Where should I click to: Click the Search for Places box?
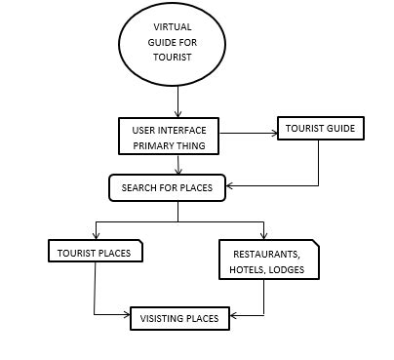[x=166, y=186]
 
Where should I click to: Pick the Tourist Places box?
[x=95, y=251]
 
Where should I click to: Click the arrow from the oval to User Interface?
[x=177, y=100]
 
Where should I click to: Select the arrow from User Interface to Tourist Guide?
[x=249, y=136]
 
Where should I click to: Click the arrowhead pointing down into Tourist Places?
[x=96, y=236]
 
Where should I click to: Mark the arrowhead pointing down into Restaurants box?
[x=262, y=236]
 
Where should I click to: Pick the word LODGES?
[x=288, y=268]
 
